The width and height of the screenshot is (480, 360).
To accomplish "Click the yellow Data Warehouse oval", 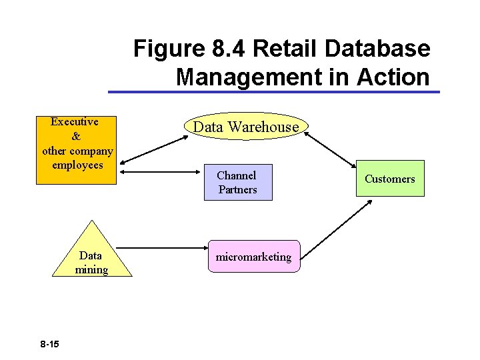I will [246, 127].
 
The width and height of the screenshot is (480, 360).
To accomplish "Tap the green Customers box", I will [389, 179].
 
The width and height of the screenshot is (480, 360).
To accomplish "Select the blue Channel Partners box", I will [237, 182].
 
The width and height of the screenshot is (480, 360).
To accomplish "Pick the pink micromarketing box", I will [254, 257].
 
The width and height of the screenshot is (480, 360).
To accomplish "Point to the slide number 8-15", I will [49, 344].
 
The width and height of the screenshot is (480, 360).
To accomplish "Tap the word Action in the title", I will [393, 77].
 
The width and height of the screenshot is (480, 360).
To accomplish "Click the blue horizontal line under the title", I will [273, 92].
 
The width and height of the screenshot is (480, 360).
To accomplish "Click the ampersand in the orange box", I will [75, 136].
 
